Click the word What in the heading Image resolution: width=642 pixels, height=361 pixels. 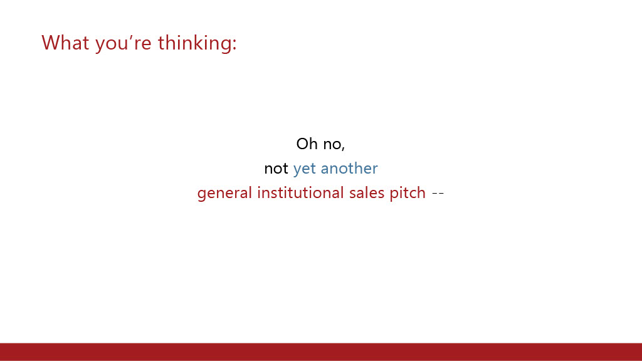(x=65, y=43)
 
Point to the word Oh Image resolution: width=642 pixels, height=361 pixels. (x=307, y=144)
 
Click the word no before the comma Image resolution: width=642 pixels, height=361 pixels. (x=332, y=145)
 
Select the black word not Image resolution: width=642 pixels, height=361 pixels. (x=276, y=169)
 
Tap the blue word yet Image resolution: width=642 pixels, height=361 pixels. (x=304, y=169)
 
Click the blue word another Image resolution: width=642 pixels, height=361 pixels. (x=349, y=168)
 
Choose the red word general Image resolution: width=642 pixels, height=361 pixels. (x=224, y=194)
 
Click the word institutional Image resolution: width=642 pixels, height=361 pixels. (x=300, y=192)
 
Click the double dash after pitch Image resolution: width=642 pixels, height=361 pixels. (x=438, y=194)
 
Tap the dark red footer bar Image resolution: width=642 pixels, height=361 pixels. (x=321, y=352)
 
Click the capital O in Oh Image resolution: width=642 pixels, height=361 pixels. (x=302, y=144)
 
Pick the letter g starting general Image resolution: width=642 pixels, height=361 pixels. (x=201, y=196)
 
